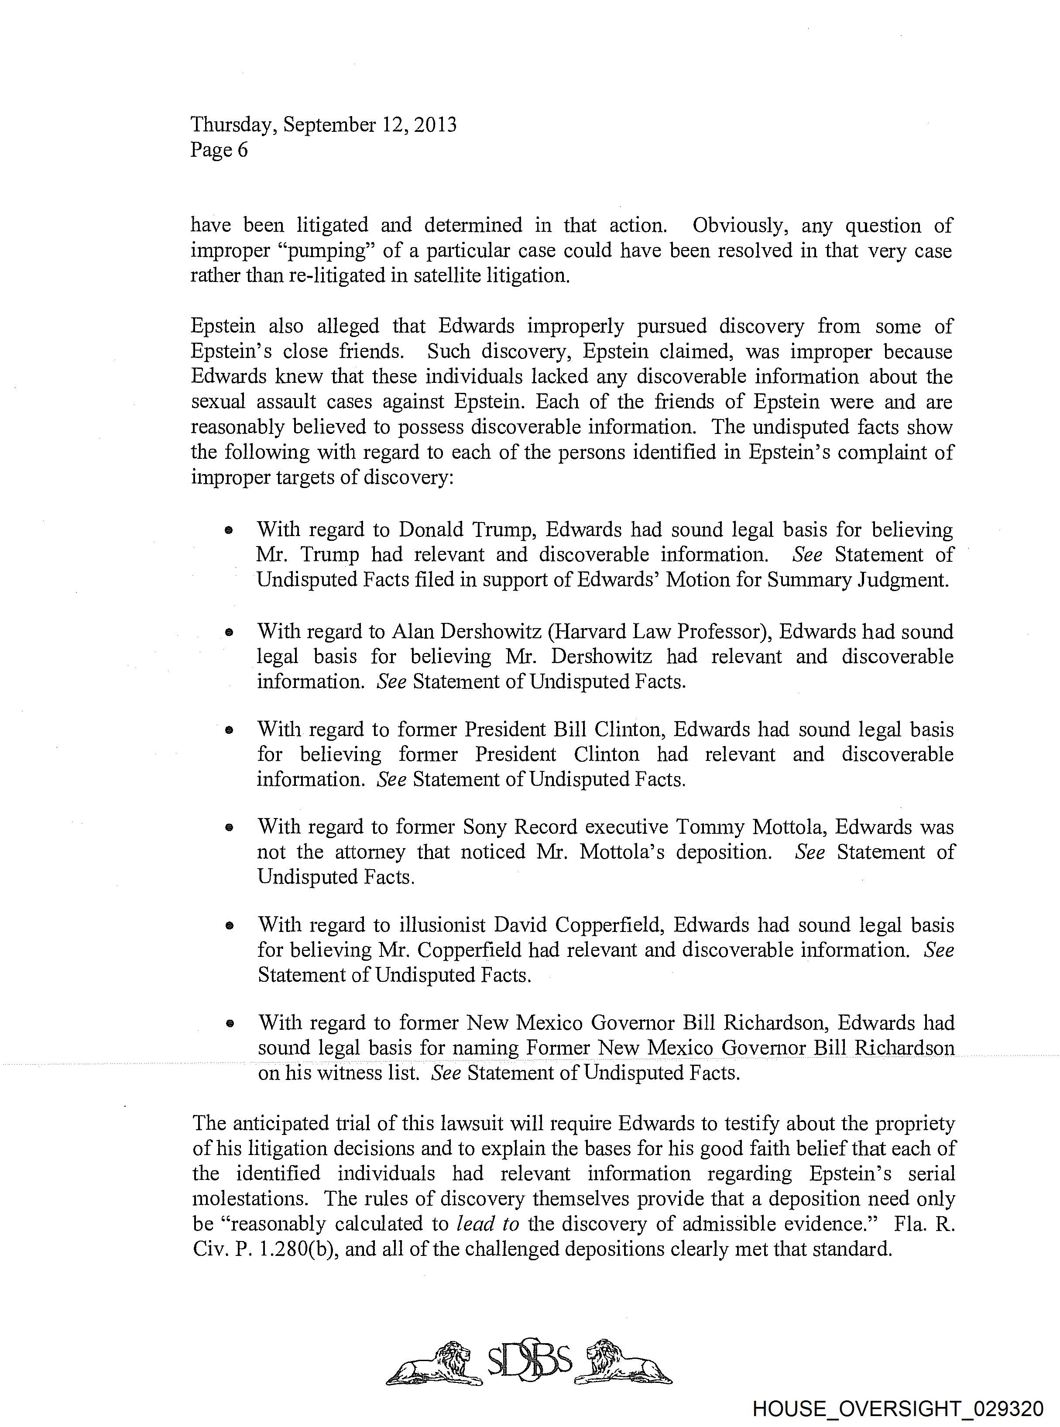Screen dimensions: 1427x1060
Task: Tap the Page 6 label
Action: pos(219,150)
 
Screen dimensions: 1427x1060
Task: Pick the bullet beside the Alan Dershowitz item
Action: pos(228,633)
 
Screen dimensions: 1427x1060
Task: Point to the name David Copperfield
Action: pos(580,925)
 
